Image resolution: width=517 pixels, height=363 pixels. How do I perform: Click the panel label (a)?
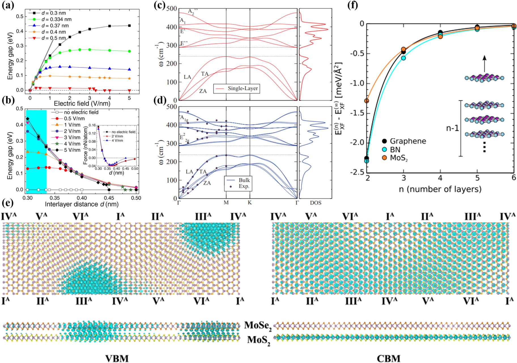point(8,5)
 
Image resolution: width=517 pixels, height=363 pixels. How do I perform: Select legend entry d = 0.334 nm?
point(56,19)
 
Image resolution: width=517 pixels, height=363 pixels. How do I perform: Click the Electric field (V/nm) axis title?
point(82,104)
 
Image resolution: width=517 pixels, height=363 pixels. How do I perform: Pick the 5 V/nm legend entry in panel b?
point(72,150)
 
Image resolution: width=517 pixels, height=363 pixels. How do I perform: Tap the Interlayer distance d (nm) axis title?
point(82,204)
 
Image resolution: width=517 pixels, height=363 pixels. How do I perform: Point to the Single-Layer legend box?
point(236,88)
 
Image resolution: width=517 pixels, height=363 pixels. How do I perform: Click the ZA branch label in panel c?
point(203,91)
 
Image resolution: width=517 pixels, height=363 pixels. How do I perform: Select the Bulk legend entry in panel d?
point(244,180)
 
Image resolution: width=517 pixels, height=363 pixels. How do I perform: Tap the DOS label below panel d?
point(315,203)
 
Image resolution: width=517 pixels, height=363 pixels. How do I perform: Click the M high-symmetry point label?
point(226,203)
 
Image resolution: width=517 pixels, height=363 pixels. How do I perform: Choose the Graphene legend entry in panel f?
point(408,141)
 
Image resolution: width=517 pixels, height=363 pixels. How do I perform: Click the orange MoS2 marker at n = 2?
point(367,101)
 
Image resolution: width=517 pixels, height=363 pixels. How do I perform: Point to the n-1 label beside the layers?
point(452,128)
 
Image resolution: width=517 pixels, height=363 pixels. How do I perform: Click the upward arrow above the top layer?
point(484,63)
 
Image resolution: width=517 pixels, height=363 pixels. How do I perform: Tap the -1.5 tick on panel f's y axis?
point(358,113)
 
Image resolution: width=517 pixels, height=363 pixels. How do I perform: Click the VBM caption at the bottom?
point(117,358)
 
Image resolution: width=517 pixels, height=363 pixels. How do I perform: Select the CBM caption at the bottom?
point(388,358)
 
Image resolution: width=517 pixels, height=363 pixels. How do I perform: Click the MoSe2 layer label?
point(258,325)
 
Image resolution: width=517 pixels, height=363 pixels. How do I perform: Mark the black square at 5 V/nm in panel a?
point(129,26)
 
